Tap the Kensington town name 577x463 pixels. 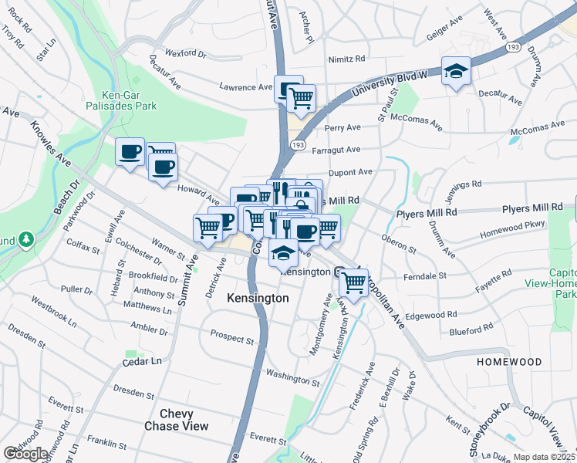[x=258, y=298]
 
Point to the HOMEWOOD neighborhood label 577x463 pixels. [x=509, y=361]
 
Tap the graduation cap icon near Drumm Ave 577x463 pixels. [x=456, y=72]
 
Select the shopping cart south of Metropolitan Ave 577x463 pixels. [x=353, y=282]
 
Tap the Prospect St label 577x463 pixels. [x=232, y=340]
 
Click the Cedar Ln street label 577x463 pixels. [x=143, y=361]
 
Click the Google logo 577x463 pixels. [x=25, y=454]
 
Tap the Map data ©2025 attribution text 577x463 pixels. [x=544, y=457]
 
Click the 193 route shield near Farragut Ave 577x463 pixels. [x=299, y=144]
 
